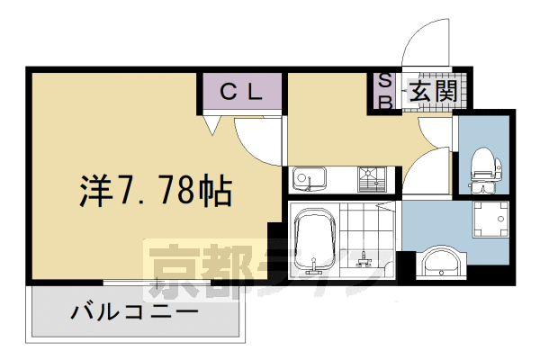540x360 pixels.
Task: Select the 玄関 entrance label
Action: pos(435,91)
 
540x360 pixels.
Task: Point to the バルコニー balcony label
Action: pos(135,314)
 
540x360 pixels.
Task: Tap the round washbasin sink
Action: pos(442,263)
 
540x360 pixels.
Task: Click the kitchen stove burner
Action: pos(370,179)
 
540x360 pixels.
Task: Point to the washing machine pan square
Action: pos(491,220)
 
